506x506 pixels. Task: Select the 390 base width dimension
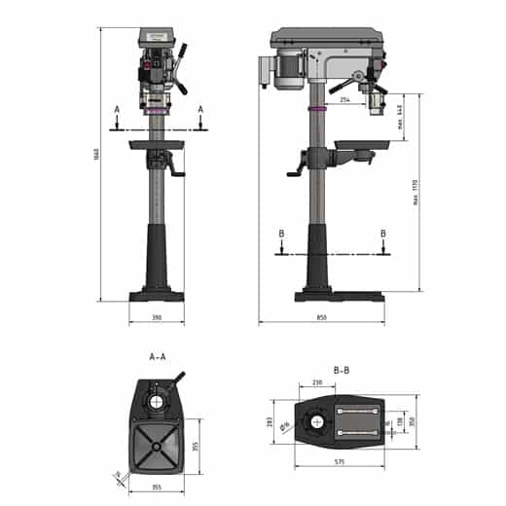[156, 318]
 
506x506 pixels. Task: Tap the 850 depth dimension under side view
[321, 318]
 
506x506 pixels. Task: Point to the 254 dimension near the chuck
[345, 99]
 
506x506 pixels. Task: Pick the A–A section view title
[157, 357]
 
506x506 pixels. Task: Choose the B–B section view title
[342, 371]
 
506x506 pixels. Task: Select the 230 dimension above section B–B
[317, 383]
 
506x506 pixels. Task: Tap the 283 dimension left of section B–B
[271, 421]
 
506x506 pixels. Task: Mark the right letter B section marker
[383, 234]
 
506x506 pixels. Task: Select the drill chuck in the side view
[370, 102]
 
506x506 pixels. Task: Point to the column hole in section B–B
[318, 421]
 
